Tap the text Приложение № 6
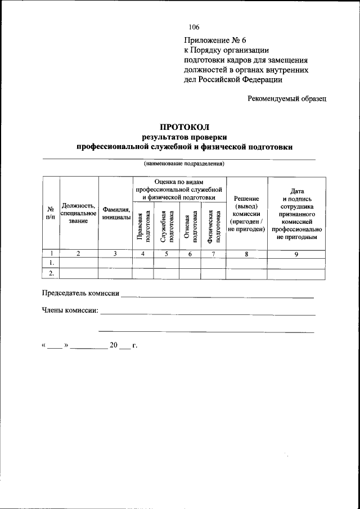coord(215,40)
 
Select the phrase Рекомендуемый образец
coord(287,98)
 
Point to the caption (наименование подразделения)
coord(184,164)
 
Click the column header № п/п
coord(51,212)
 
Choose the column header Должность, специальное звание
coord(79,213)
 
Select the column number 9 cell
coord(296,254)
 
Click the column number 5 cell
coord(166,254)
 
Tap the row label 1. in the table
coord(51,263)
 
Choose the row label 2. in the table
coord(51,273)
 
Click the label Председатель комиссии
coord(80,294)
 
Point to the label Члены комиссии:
coord(70,310)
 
